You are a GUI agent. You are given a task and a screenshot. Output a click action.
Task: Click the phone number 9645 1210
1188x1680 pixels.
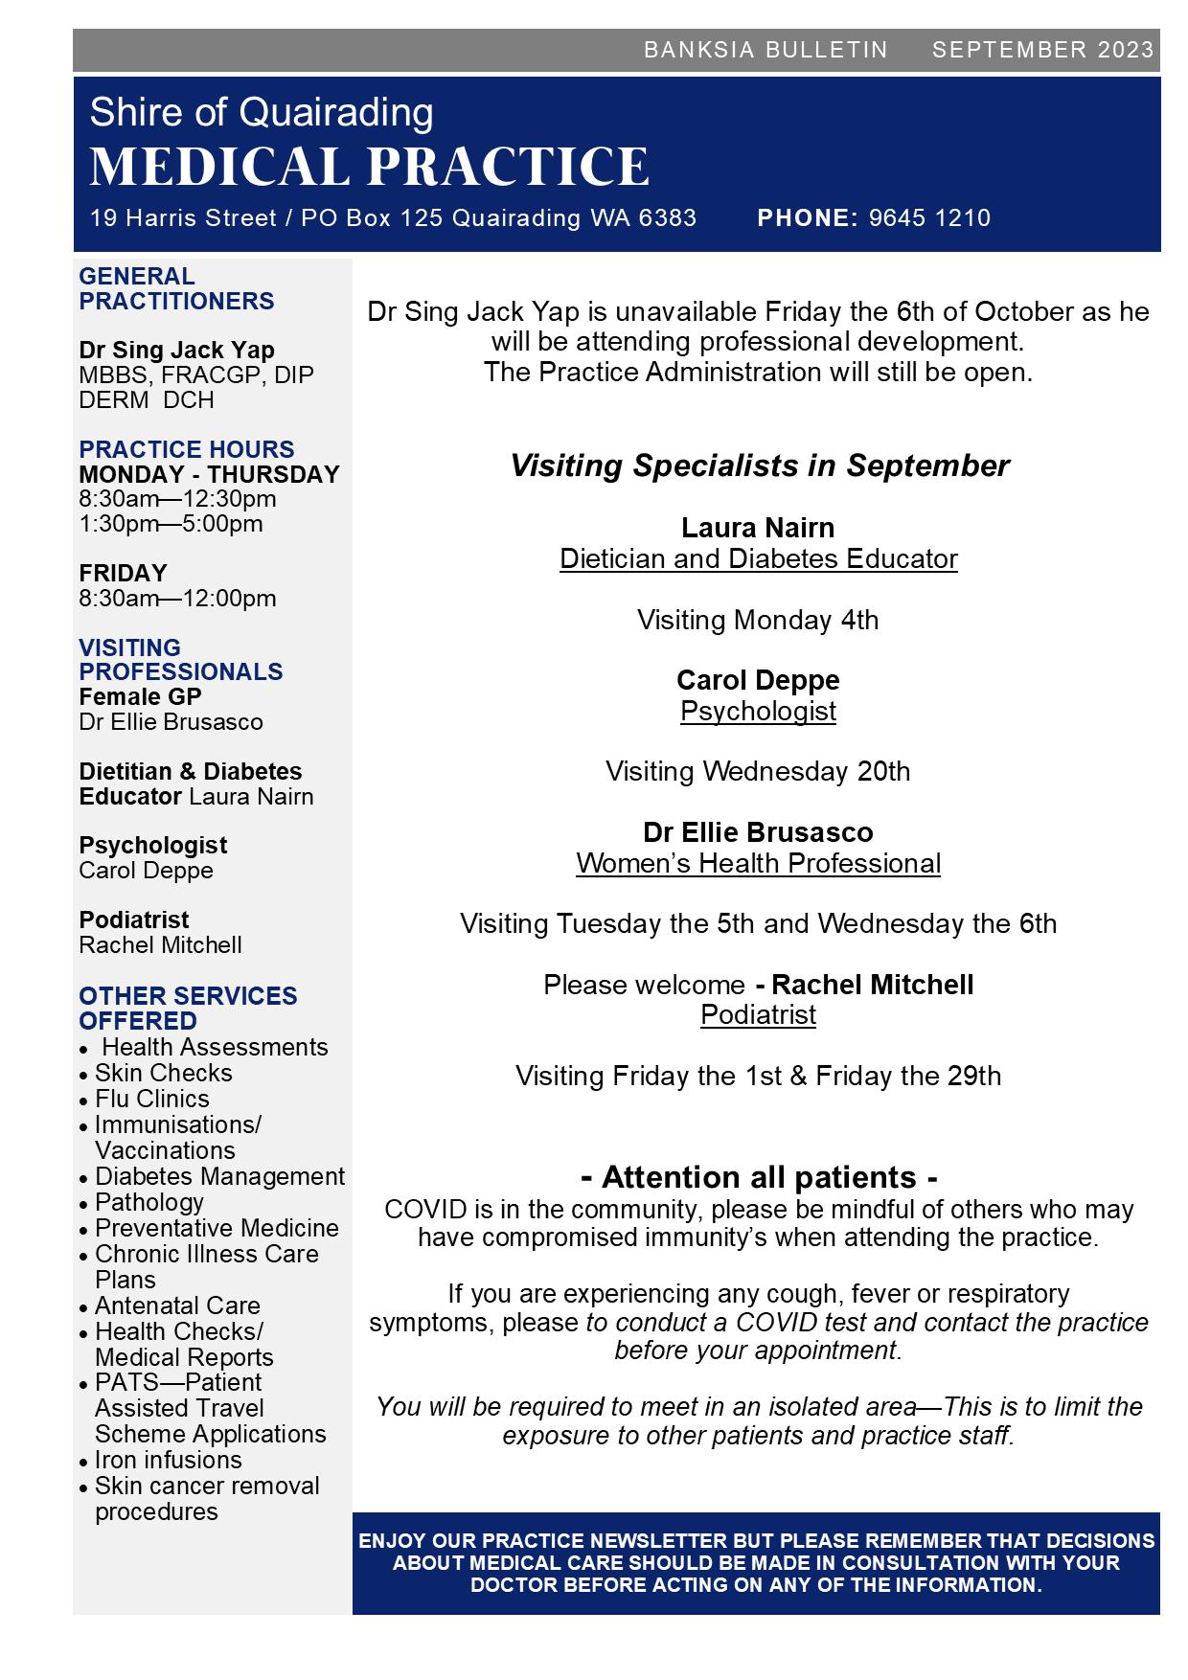point(928,218)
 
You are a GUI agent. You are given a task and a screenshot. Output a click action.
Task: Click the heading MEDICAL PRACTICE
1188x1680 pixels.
point(370,167)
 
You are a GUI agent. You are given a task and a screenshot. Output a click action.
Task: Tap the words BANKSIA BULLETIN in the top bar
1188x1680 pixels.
point(765,50)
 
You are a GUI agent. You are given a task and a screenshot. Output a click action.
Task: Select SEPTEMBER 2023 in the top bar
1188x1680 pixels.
point(1042,50)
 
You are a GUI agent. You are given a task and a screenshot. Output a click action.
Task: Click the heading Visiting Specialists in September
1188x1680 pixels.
point(759,465)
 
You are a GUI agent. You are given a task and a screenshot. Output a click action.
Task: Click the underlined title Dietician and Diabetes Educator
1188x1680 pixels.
point(759,558)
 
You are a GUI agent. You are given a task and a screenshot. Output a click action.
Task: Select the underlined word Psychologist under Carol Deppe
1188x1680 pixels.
point(758,711)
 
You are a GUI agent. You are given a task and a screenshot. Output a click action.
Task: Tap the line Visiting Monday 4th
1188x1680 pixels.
point(758,620)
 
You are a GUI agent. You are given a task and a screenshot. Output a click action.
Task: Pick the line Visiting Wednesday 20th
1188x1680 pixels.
point(758,771)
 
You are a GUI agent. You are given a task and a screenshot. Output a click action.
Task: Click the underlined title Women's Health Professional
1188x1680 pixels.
point(758,863)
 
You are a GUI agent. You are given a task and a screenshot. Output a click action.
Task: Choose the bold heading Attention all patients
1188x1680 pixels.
point(759,1176)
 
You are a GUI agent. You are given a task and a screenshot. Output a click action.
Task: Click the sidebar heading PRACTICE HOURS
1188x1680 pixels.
point(187,449)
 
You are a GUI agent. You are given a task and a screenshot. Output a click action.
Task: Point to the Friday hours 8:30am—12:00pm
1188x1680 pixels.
point(177,598)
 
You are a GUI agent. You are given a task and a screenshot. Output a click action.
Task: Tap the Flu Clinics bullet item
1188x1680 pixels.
point(151,1099)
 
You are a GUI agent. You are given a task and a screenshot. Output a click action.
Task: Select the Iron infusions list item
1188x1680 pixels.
point(168,1460)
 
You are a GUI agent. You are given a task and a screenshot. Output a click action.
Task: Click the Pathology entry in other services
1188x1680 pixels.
point(148,1202)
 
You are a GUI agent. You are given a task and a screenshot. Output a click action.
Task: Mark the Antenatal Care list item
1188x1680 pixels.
point(177,1305)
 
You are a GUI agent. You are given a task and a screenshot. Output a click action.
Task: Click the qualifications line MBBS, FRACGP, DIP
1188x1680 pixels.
point(196,375)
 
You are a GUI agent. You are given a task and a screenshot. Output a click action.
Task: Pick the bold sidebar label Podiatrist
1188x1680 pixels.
point(134,919)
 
